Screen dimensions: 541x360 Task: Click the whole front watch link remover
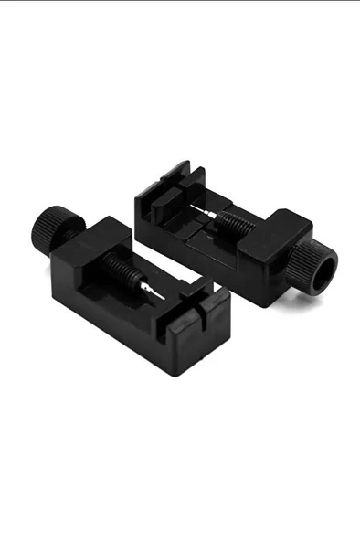[128, 283]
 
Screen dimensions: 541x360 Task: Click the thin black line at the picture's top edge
[180, 1]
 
